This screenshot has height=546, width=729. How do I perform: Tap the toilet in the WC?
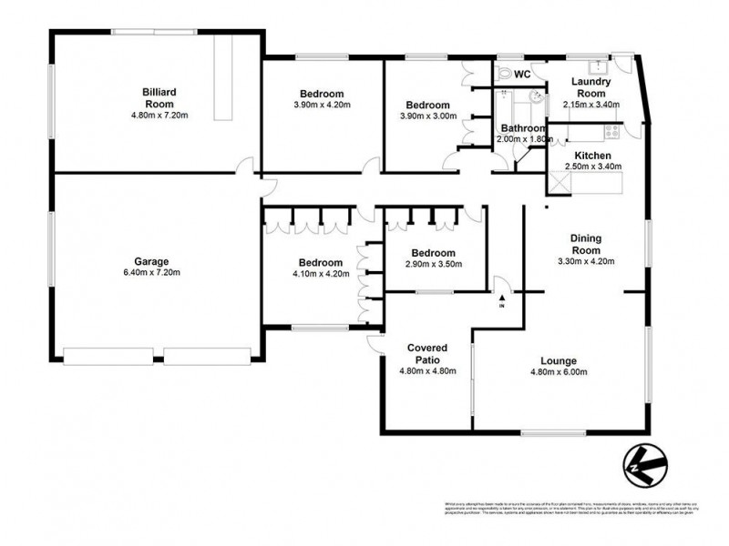click(506, 72)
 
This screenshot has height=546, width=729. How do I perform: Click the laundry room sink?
click(598, 66)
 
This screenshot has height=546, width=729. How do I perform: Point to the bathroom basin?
click(539, 96)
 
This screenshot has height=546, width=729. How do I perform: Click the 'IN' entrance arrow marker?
click(501, 299)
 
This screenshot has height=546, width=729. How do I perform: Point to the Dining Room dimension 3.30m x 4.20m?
click(586, 261)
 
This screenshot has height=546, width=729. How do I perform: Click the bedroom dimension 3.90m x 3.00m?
click(427, 116)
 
